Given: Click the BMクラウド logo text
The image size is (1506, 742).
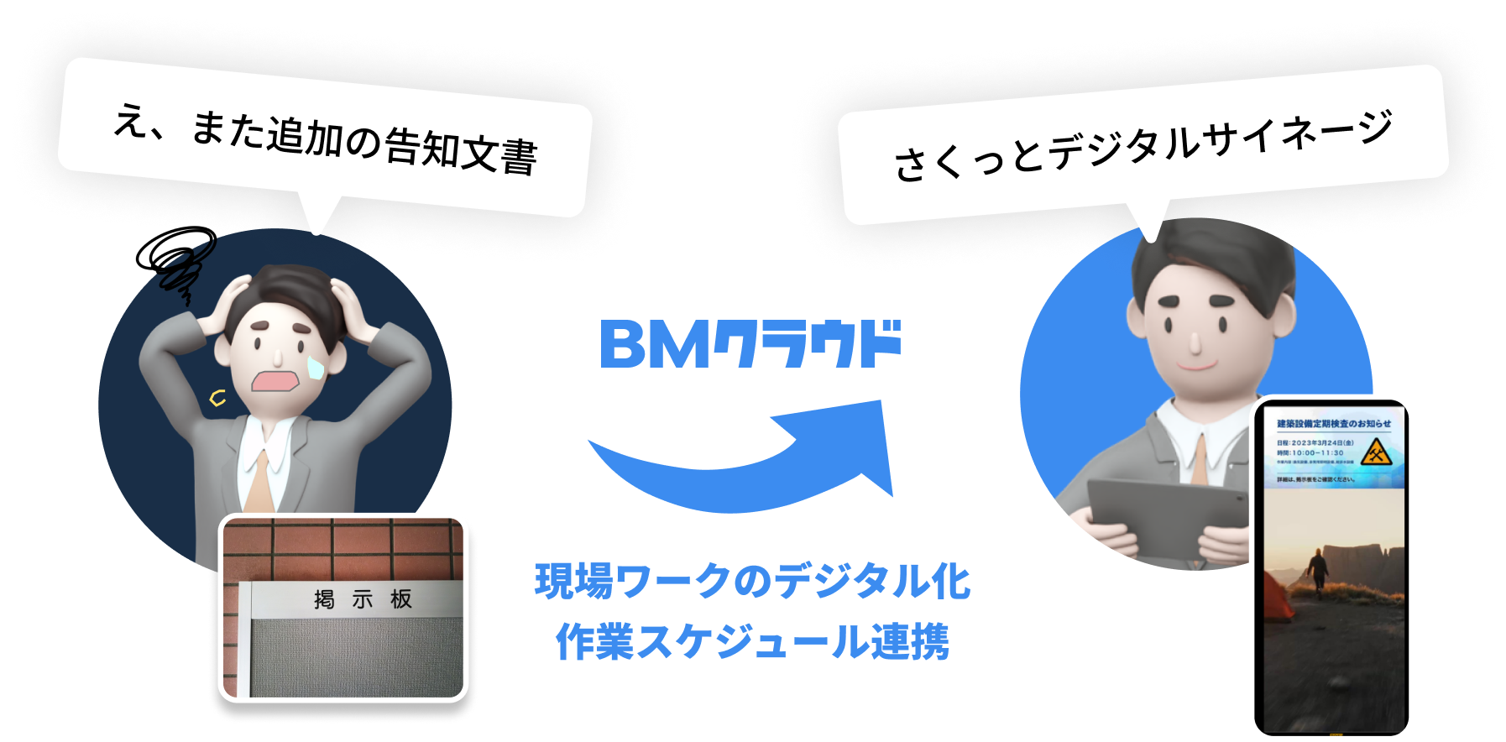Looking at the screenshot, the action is coord(750,344).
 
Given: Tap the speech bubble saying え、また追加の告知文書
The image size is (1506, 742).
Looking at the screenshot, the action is coord(325,138).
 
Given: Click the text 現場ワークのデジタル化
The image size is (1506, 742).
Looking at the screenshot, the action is coord(753,581).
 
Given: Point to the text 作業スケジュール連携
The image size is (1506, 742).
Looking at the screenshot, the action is coord(753,641).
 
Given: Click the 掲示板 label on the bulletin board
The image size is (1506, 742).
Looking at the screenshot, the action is coord(363,599).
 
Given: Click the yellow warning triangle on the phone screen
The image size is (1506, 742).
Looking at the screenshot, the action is coord(1375,452).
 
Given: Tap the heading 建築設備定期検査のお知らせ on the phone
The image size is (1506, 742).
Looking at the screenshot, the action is coord(1333,424).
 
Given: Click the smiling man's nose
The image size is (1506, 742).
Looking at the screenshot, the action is coord(1195,341).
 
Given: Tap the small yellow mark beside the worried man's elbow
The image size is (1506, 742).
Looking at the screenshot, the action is coord(217,398).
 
